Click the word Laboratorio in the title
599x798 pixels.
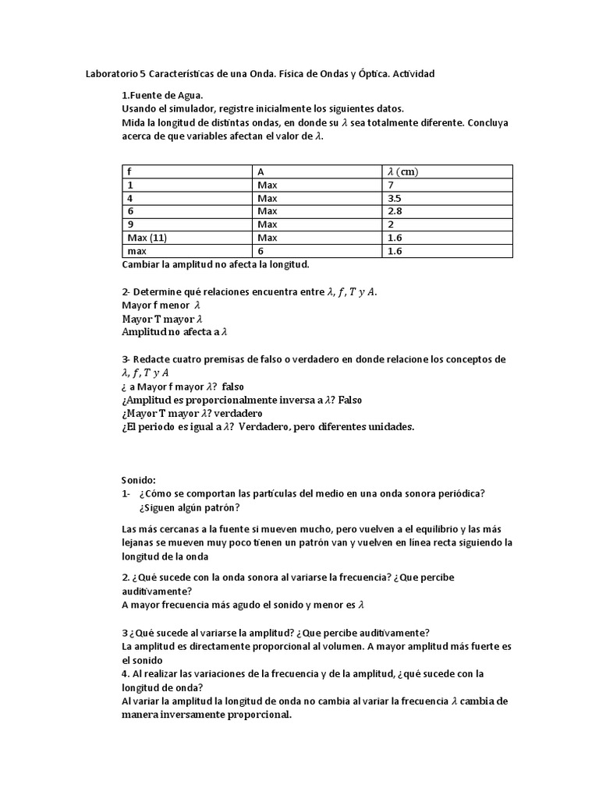(110, 74)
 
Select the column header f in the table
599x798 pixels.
(129, 171)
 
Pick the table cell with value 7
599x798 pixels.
(390, 185)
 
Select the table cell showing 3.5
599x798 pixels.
(394, 199)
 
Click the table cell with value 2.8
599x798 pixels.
(394, 211)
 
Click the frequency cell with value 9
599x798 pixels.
(129, 224)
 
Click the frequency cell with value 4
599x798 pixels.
(129, 199)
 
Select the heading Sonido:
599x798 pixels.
(139, 480)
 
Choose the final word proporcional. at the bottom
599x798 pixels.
(257, 715)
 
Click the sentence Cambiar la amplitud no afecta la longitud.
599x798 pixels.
(215, 264)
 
